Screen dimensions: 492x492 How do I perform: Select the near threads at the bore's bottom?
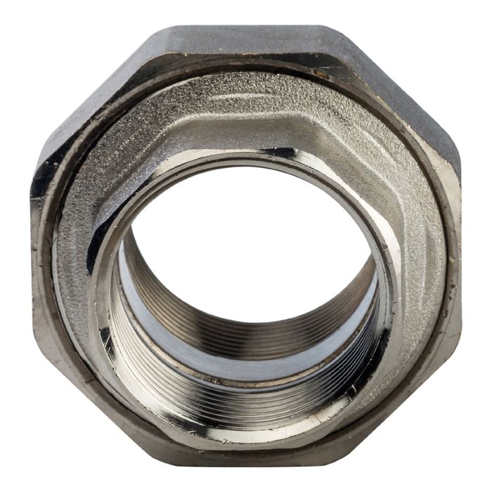click(x=246, y=408)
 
